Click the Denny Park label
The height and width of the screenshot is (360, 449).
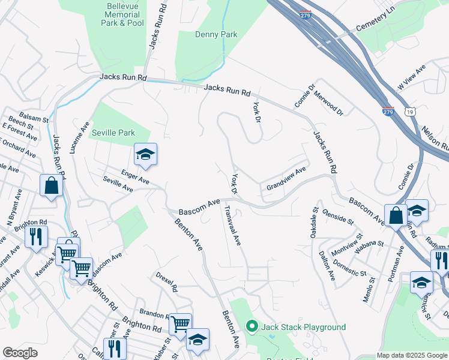[x=216, y=34]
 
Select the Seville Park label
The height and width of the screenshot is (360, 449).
[x=113, y=132]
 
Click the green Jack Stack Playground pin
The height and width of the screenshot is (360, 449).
[x=252, y=327]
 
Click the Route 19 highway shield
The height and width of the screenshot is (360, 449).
[x=409, y=112]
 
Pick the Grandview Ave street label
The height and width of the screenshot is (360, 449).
[x=286, y=178]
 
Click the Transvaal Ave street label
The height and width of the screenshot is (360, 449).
[x=232, y=226]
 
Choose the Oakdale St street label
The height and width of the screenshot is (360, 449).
[x=313, y=223]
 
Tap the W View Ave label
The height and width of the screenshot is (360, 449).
[x=411, y=79]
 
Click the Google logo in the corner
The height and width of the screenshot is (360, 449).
[x=20, y=353]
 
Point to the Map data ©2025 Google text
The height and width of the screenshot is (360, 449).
[x=412, y=355]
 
